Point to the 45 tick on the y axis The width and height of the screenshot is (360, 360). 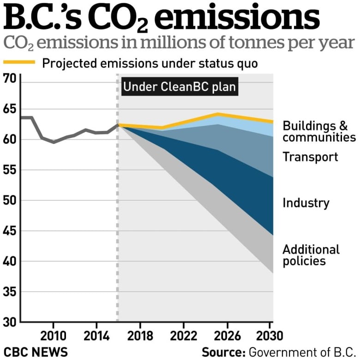(11, 231)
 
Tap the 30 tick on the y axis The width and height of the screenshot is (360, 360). (11, 322)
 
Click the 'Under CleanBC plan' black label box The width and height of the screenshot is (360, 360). (180, 87)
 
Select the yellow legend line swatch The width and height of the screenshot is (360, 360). (19, 62)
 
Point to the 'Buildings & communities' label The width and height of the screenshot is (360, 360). (319, 132)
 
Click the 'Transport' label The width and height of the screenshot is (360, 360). (310, 157)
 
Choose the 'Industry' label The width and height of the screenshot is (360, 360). (306, 203)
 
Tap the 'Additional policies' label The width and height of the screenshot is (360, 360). (311, 255)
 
